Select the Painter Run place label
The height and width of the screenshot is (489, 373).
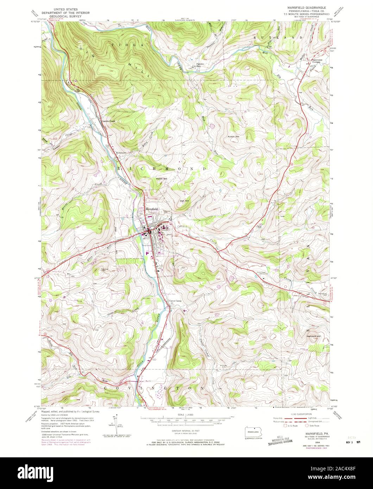[200, 65]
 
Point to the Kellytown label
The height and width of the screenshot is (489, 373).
[121, 153]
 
